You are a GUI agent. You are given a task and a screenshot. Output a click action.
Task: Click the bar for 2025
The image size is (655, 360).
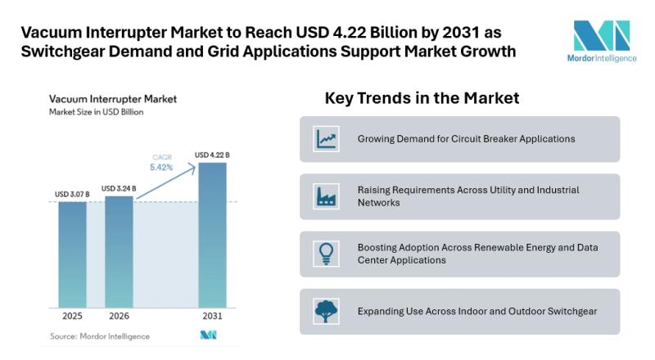click(x=72, y=254)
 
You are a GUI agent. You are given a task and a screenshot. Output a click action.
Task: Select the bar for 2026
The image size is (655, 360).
click(x=119, y=252)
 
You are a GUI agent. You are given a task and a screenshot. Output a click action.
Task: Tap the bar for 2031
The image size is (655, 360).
click(x=212, y=235)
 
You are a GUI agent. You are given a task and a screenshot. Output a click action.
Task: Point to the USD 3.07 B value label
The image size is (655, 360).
click(x=72, y=194)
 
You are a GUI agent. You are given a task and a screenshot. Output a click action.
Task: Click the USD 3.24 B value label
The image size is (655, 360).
click(x=119, y=188)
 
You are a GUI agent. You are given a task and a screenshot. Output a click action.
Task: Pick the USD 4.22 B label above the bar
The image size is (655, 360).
click(x=212, y=155)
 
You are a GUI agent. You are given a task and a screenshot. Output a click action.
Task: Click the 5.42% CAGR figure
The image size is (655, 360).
click(x=161, y=168)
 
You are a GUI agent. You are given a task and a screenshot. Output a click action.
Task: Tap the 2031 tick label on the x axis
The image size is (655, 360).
click(x=212, y=316)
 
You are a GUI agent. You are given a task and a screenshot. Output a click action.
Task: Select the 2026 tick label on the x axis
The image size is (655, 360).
click(x=119, y=316)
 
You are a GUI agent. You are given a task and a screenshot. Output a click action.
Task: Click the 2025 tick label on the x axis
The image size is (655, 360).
click(x=72, y=316)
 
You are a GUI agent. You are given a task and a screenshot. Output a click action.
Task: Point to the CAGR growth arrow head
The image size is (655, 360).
click(x=192, y=167)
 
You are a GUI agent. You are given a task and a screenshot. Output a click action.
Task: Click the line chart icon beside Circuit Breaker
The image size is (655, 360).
click(x=326, y=138)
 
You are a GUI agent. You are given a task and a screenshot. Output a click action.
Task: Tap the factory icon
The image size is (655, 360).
click(x=326, y=196)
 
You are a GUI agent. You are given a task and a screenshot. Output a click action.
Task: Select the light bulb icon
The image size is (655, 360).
click(x=326, y=254)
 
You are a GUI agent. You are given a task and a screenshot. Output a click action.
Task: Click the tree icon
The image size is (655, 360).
click(x=326, y=311)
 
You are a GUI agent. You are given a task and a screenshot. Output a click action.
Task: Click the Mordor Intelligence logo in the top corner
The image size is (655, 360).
click(x=602, y=42)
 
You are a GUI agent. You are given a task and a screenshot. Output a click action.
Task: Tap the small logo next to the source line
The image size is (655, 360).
click(x=209, y=335)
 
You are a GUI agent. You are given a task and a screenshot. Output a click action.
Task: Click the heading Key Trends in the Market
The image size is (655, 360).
click(x=422, y=98)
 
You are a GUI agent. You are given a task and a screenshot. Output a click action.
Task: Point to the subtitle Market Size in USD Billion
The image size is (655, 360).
click(x=96, y=112)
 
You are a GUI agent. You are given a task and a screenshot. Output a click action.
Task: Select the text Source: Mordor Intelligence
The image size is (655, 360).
click(x=100, y=336)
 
